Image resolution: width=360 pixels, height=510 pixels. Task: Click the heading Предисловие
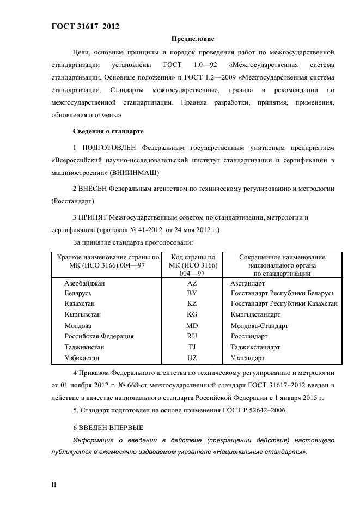(193, 39)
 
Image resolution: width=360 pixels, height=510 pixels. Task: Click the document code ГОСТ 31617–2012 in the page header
(85, 26)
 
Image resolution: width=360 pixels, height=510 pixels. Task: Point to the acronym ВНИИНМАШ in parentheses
(135, 172)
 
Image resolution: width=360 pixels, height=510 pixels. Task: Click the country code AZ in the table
(192, 284)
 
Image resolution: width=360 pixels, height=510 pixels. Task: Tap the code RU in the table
(192, 336)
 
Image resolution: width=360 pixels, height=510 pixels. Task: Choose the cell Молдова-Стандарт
(259, 326)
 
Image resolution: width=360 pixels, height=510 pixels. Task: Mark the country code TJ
(192, 347)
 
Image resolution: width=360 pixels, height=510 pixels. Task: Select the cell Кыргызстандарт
(255, 315)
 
